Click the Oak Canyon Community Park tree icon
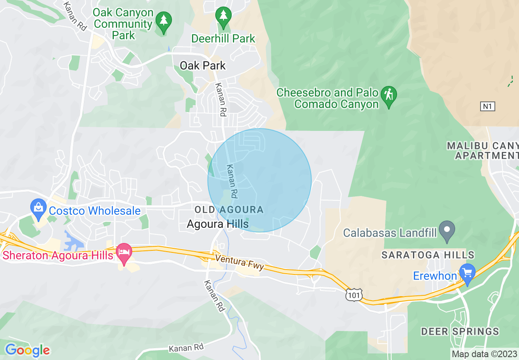pos(164,20)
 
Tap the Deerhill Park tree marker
pos(223,16)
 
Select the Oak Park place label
pos(203,65)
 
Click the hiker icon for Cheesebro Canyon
pos(388,95)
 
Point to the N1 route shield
pos(487,106)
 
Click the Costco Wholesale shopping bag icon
pos(38,206)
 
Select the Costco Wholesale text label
pos(95,211)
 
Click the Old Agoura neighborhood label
pos(229,210)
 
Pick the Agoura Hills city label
pos(217,224)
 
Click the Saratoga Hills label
pos(428,255)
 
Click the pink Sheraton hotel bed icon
pos(124,252)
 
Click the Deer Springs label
pos(460,331)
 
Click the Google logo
pos(27,350)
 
